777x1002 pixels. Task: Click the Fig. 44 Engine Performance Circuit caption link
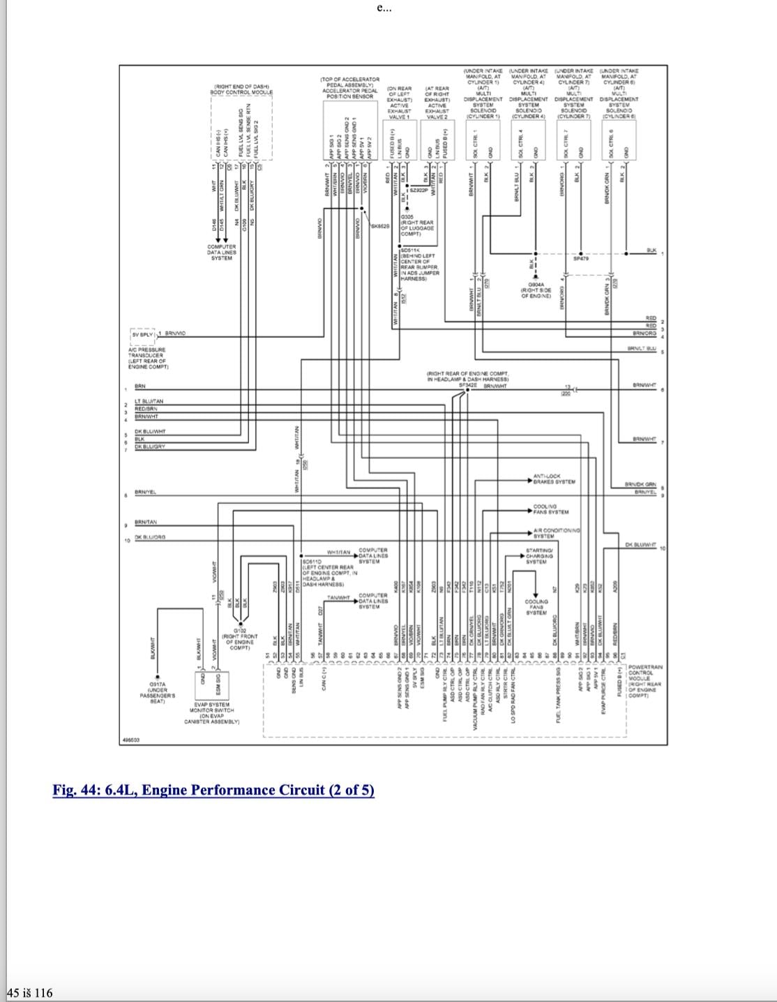pos(213,790)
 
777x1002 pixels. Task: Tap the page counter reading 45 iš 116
pos(29,992)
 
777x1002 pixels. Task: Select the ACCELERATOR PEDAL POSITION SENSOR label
pos(350,91)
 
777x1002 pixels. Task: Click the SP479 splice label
pos(581,258)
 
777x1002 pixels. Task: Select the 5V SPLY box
pos(142,334)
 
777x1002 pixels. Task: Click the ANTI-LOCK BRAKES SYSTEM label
pos(554,479)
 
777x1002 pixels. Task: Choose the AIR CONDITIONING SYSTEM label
pos(556,533)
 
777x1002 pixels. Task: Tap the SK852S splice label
pos(380,226)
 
